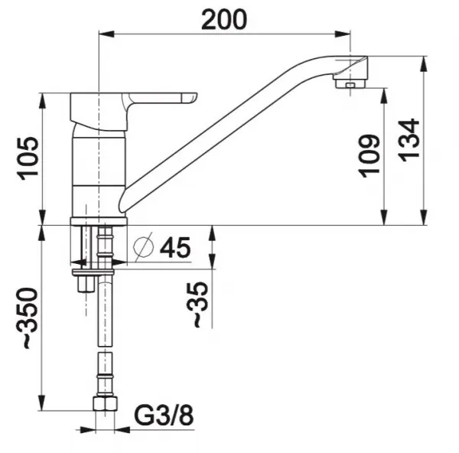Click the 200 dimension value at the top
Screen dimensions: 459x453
click(x=224, y=20)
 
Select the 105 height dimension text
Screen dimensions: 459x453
click(x=28, y=158)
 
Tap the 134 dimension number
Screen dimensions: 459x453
click(x=409, y=140)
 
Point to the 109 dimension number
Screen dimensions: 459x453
click(x=369, y=156)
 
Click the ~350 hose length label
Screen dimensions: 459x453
click(x=29, y=318)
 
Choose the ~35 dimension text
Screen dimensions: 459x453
click(x=198, y=305)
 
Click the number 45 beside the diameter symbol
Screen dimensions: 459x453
click(x=175, y=248)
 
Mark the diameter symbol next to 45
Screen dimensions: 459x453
click(x=144, y=246)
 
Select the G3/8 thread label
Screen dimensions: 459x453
click(x=164, y=416)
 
